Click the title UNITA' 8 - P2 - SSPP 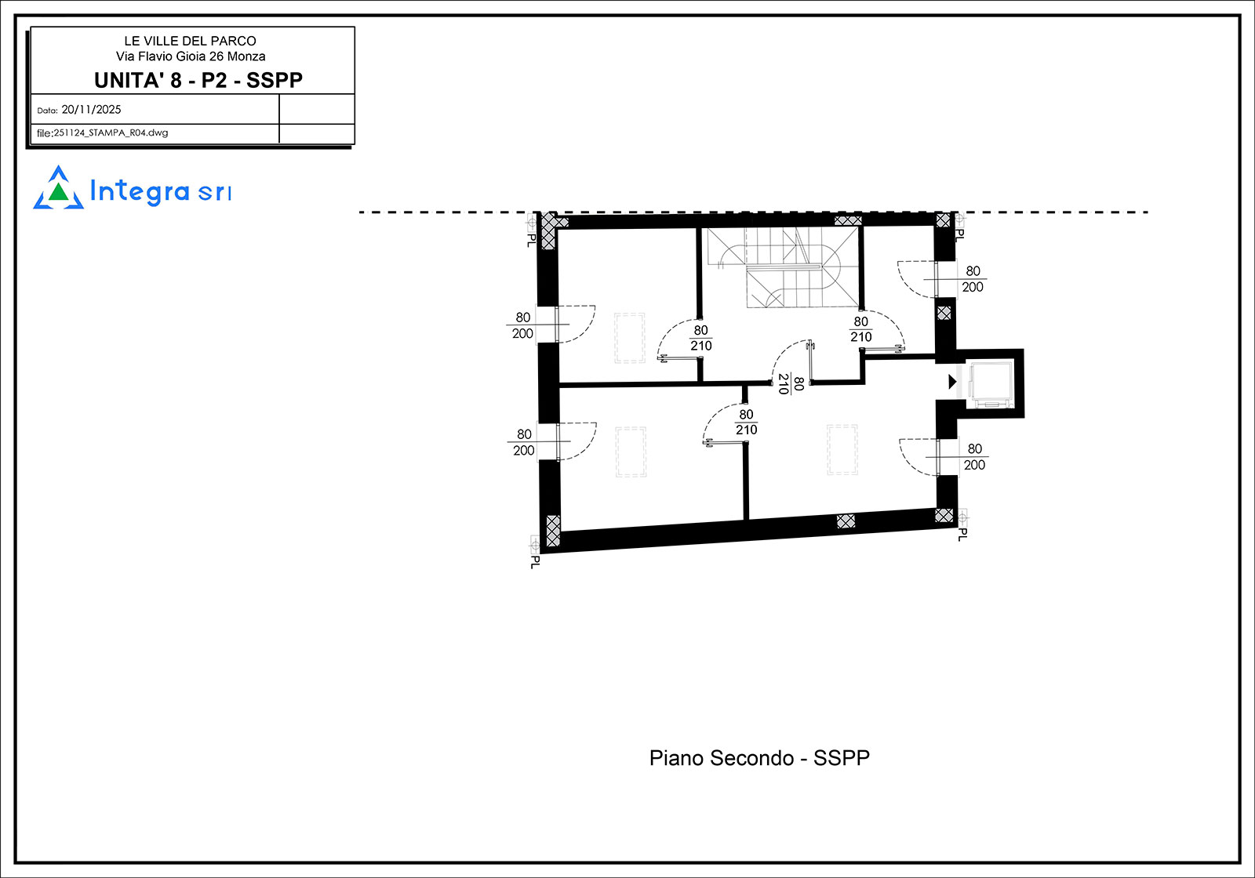[198, 80]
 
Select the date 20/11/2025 [91, 110]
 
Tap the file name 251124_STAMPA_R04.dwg [111, 132]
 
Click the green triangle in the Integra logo [58, 192]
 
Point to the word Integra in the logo [140, 191]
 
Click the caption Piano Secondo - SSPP [759, 758]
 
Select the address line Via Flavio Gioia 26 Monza [191, 56]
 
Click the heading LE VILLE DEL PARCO [190, 41]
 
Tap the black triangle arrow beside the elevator [952, 382]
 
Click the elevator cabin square [991, 384]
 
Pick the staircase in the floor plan [783, 267]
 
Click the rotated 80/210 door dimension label [791, 384]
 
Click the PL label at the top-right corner [960, 234]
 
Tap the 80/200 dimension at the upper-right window [973, 279]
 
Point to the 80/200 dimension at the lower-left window [524, 442]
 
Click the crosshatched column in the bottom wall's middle [846, 521]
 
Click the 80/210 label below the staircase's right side [861, 329]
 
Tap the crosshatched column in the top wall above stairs [848, 220]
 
